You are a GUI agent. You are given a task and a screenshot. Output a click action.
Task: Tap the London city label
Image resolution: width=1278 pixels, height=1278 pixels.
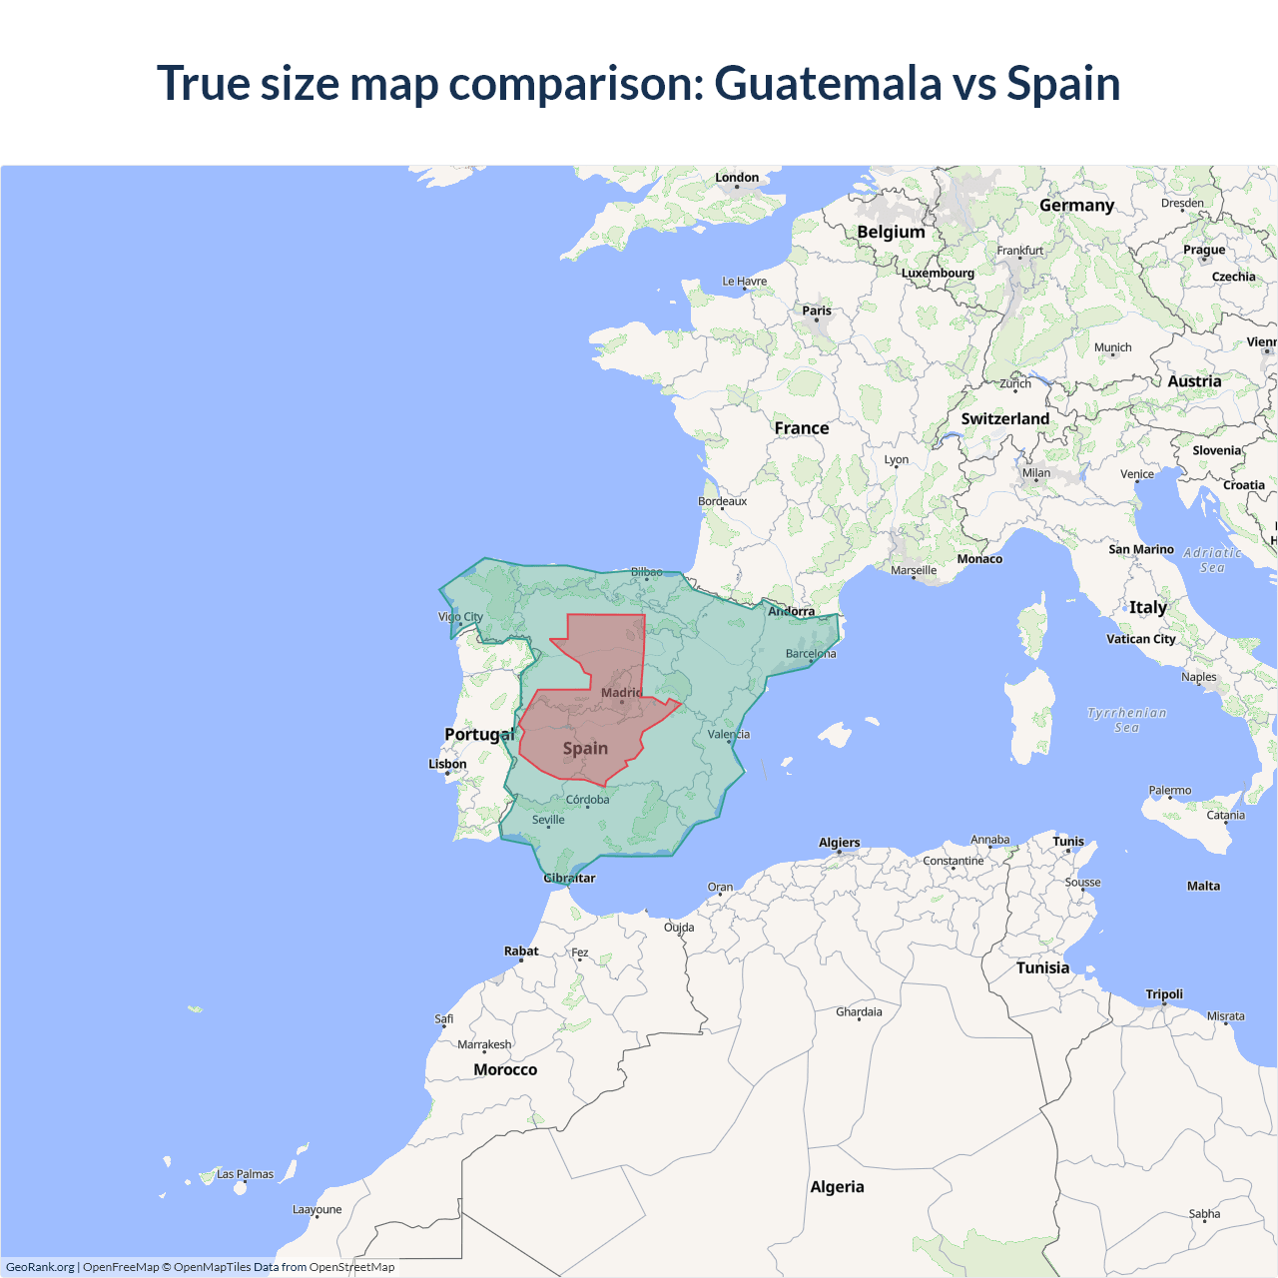[737, 178]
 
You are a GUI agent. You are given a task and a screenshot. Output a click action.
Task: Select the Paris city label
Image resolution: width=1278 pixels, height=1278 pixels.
[817, 311]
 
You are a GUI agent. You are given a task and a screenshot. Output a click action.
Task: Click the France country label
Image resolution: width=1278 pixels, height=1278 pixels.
[802, 428]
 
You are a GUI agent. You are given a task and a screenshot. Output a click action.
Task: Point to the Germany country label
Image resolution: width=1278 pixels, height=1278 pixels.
[1076, 206]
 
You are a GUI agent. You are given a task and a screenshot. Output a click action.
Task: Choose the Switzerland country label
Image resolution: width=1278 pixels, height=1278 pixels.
[1004, 419]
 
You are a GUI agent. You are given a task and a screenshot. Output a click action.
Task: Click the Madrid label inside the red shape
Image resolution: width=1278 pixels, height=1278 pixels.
[621, 693]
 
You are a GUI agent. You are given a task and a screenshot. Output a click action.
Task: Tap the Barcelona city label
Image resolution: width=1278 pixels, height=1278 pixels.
[811, 654]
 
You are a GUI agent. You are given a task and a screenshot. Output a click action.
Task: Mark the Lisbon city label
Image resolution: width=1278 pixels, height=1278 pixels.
[447, 764]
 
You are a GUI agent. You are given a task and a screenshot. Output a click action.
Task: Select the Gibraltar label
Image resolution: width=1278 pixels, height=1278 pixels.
[569, 879]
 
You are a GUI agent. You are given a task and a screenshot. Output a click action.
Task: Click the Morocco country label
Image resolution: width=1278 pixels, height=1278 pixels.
[505, 1070]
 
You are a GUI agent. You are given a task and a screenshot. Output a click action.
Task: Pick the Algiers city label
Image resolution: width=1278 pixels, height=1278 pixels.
[839, 843]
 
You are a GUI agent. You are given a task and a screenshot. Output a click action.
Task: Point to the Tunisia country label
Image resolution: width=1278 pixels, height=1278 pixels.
[1042, 968]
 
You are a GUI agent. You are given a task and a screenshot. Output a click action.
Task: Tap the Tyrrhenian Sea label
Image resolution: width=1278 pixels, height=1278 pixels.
[1126, 720]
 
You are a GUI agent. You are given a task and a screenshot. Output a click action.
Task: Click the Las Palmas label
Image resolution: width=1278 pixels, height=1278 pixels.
[245, 1174]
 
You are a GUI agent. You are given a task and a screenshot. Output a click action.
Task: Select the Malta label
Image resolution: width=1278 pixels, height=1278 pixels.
[1203, 886]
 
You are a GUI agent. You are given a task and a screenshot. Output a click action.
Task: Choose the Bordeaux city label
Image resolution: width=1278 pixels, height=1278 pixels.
[722, 501]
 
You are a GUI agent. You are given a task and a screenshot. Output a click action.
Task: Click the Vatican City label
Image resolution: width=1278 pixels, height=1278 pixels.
[1140, 639]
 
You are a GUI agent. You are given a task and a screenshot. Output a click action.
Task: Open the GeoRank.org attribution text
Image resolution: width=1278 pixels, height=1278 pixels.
[40, 1267]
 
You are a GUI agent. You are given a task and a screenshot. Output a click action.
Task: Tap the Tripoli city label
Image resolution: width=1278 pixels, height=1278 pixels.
[1164, 994]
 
